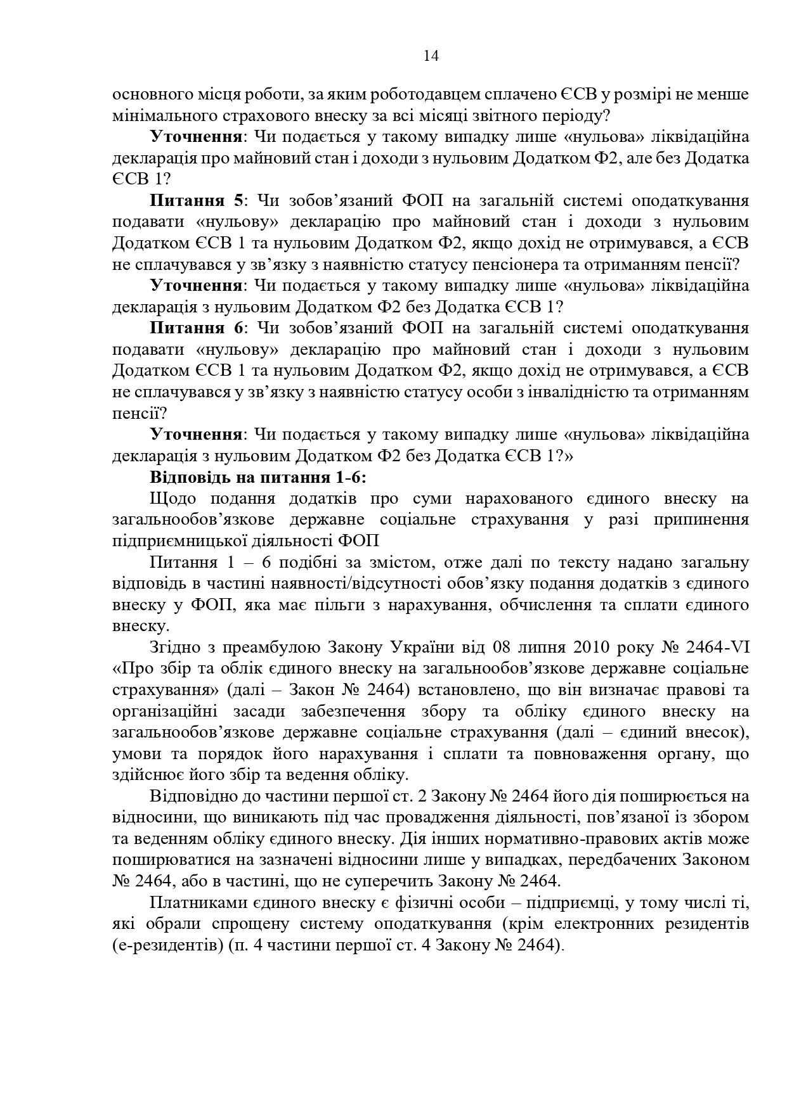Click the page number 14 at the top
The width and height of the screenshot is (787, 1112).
point(431,56)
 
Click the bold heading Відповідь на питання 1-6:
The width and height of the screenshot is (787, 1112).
point(258,477)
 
